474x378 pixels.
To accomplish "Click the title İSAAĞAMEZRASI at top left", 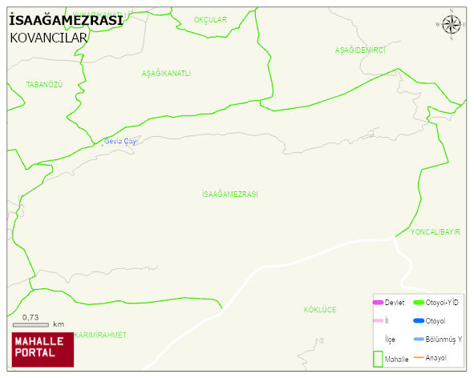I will (66, 21).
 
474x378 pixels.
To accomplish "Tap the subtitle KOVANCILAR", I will (47, 38).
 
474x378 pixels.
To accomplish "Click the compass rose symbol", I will (452, 26).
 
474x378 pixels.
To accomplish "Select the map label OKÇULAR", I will (210, 19).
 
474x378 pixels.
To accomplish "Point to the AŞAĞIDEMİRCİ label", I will (360, 50).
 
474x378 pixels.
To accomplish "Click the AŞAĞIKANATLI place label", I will (166, 74).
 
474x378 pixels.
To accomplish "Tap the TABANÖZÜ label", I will (44, 85).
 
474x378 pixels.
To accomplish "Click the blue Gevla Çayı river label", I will (121, 142).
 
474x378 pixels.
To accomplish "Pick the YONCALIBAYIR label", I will (435, 231).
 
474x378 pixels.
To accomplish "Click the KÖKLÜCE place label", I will (320, 309).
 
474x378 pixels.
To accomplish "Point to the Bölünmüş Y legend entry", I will (440, 340).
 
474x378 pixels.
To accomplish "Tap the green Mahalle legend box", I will (378, 357).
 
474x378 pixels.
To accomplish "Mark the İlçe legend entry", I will (390, 340).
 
